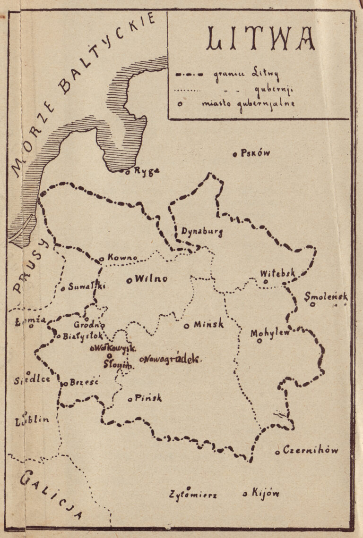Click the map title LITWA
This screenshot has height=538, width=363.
coord(261,39)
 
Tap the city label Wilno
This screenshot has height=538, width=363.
coord(151,279)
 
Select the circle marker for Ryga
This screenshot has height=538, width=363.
coord(128,172)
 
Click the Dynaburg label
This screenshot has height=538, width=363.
coord(202,232)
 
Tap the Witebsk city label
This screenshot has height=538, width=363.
coord(277,273)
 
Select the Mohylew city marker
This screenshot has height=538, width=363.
coord(259,341)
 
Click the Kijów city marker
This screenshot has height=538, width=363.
coord(245,494)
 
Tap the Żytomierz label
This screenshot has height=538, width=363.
coord(193,495)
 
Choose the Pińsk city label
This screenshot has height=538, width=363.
coord(148,398)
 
